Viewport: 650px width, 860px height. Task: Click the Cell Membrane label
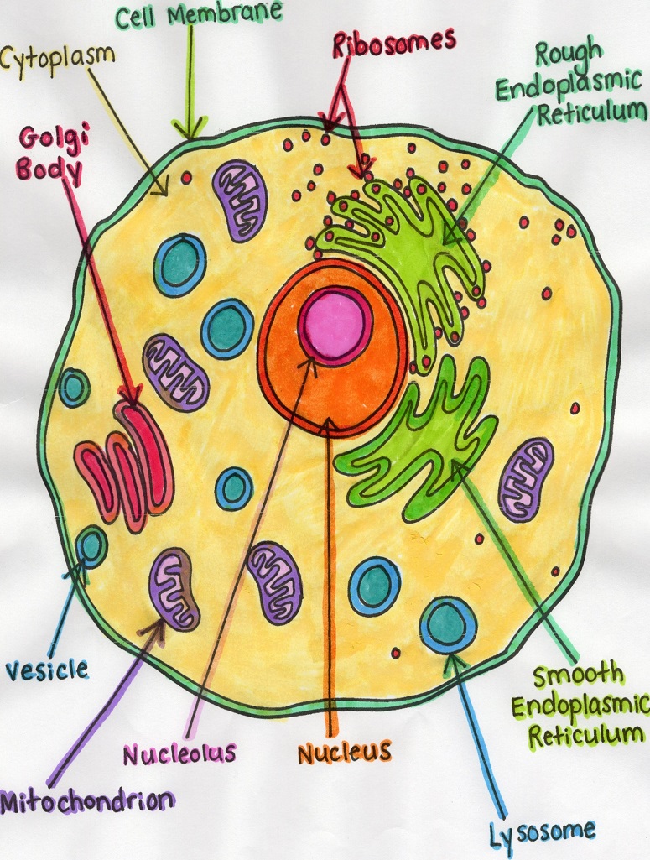click(198, 14)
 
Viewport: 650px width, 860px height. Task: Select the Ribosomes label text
click(393, 41)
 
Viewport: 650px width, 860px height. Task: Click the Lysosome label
click(543, 832)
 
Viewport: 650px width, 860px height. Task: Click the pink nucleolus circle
click(335, 321)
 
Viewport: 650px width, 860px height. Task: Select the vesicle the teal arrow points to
click(91, 546)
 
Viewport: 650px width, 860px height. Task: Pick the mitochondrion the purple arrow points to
click(174, 588)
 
